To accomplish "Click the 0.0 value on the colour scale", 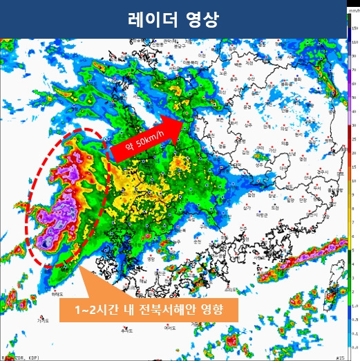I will click(354, 346).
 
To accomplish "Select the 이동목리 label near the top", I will click(189, 62).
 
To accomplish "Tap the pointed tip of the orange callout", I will click(82, 267).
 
